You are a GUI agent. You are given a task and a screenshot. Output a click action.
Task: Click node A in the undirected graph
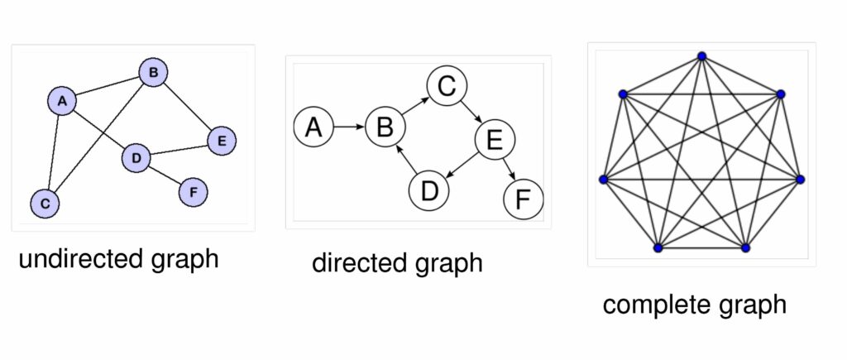[62, 101]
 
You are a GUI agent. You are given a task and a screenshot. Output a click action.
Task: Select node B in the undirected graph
[153, 73]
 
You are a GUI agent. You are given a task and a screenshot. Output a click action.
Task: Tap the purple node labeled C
[45, 204]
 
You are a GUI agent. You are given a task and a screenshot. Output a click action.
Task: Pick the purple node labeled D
[136, 158]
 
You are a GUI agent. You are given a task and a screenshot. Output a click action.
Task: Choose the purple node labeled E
[222, 141]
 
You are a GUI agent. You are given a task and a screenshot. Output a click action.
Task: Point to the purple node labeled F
[193, 192]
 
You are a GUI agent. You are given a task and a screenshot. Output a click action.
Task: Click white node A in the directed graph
[313, 127]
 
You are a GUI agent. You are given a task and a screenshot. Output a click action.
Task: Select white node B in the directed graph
[385, 127]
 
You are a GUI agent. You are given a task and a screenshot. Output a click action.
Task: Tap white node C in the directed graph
[447, 86]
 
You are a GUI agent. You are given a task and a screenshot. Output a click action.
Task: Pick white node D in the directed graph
[429, 190]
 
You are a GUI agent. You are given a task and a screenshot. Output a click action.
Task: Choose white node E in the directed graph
[495, 140]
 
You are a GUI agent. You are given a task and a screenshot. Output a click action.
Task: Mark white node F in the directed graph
[523, 199]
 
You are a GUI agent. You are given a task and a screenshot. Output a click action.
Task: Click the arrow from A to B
[349, 127]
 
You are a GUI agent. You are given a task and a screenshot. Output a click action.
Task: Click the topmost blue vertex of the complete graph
[701, 55]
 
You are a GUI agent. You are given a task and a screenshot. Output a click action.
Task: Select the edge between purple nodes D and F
[165, 174]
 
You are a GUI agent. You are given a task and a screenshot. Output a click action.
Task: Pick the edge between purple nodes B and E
[187, 106]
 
